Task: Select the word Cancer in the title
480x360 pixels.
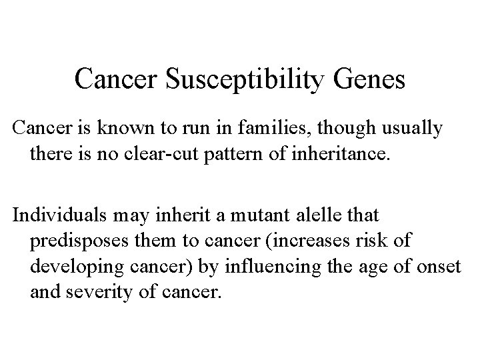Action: (x=116, y=79)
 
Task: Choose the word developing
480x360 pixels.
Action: (x=76, y=266)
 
